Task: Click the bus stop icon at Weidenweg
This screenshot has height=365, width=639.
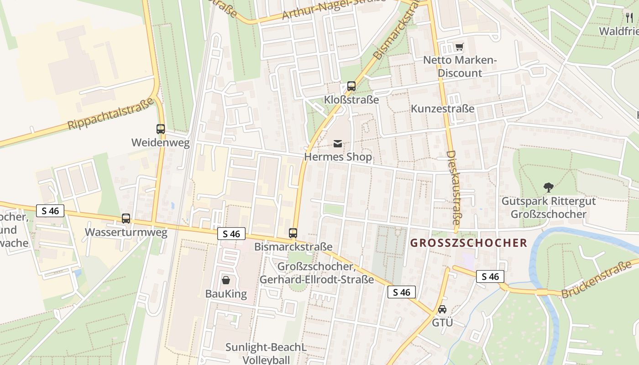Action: [160, 129]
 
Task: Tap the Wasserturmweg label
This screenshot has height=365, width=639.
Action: [126, 233]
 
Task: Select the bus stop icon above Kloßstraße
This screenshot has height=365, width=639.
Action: [351, 86]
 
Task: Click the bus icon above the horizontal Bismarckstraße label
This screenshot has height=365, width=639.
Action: [293, 233]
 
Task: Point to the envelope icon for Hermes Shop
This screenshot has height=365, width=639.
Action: [338, 144]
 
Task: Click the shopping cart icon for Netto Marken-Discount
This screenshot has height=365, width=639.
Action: [459, 47]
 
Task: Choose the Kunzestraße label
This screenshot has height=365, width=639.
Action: [442, 109]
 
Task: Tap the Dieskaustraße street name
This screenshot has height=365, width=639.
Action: [452, 188]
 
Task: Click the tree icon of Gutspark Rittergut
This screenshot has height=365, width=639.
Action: [548, 187]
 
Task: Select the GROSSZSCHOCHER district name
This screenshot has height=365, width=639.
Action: [468, 243]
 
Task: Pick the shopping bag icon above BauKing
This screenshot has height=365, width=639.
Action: [225, 280]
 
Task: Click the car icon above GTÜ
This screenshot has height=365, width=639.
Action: [442, 309]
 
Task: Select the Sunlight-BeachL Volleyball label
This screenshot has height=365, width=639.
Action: [266, 354]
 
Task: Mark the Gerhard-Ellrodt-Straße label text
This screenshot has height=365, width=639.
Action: [316, 279]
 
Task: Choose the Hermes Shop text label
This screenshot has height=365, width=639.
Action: [338, 157]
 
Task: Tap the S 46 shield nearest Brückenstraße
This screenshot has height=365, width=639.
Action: [490, 276]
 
